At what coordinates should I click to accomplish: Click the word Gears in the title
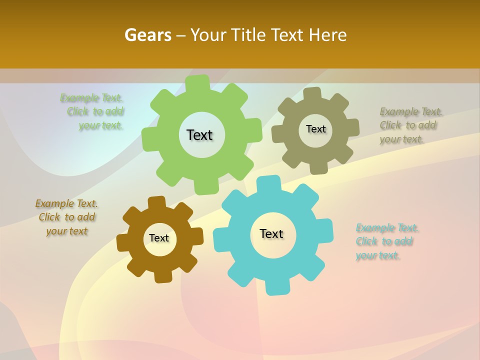point(147,35)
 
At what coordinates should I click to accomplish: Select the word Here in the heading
point(328,35)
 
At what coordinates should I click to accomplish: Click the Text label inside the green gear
point(199,135)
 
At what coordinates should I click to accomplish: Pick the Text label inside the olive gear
point(315,129)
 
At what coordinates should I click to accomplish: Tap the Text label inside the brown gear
point(159,238)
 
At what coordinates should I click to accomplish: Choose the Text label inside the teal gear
point(271,233)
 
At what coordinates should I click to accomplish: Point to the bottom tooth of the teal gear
point(276,287)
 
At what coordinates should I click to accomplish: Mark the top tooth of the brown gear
point(156,202)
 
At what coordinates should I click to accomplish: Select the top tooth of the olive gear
point(311,94)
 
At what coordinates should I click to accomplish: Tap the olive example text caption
point(410,125)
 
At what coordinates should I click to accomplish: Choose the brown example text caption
point(66,217)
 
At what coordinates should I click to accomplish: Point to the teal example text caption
point(386,241)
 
